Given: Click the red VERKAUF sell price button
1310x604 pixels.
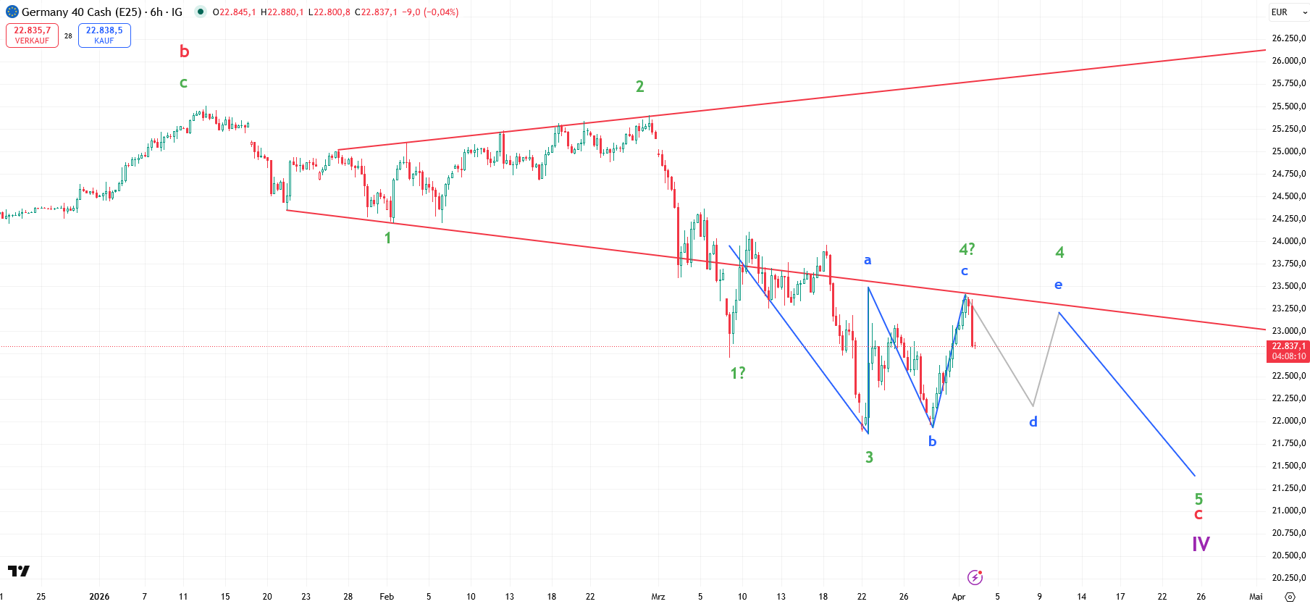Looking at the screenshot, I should pos(32,35).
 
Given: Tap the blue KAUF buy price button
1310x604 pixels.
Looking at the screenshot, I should pos(104,35).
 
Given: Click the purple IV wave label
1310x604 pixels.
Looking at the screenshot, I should pos(1201,544).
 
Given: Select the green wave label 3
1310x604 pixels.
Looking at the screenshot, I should pos(869,457).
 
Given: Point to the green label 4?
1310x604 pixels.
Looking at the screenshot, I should pos(967,249).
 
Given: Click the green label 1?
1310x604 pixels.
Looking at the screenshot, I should pos(737,373).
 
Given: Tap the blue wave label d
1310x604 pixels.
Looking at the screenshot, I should pos(1033,421).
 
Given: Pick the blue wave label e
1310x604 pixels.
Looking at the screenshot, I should pos(1059,285).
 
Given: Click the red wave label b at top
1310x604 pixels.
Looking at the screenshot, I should pos(184,51).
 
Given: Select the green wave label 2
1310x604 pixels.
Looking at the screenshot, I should pos(639,87).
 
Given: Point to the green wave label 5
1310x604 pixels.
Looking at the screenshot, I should pos(1198,498).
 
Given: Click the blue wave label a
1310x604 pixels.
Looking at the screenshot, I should pos(868,260).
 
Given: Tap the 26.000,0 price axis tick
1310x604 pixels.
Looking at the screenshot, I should pos(1289,61).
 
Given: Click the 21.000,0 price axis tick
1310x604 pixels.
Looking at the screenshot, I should pos(1289,511).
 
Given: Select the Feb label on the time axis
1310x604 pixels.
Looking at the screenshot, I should pos(387,597).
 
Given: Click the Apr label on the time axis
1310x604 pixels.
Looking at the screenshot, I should pos(959,597).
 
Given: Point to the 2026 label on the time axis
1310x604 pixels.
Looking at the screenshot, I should pos(99,597).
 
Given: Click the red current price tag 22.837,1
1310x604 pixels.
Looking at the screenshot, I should pos(1289,351).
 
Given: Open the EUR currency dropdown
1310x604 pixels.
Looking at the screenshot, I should pos(1289,12).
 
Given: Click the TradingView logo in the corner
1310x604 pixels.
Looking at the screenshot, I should pos(19,571).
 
